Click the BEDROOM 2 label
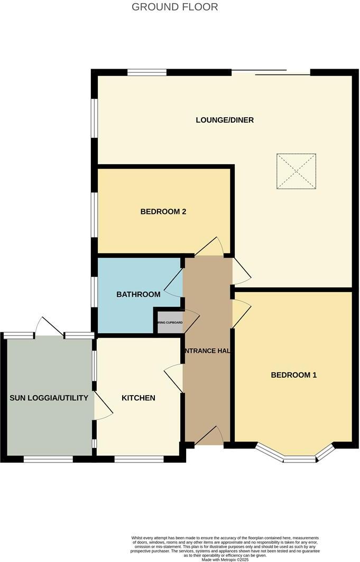(x=163, y=212)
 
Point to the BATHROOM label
(x=138, y=294)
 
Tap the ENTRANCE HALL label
(x=208, y=351)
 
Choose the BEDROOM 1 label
(x=293, y=375)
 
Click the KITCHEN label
(x=138, y=398)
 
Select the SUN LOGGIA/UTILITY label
(x=49, y=398)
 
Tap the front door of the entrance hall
(x=209, y=436)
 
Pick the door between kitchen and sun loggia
(x=103, y=407)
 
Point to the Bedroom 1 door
(x=241, y=312)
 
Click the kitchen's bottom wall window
(x=139, y=459)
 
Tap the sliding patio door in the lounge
(x=271, y=73)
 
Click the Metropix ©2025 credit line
(x=225, y=559)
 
